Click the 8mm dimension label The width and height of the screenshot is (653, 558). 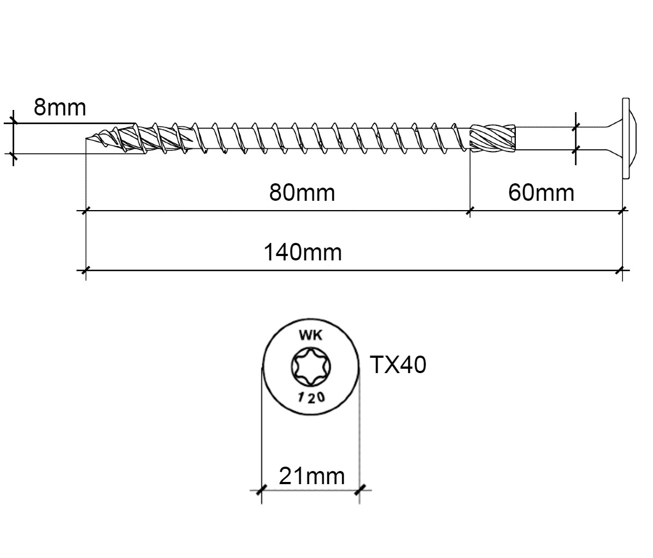point(60,107)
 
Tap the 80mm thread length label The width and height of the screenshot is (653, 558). point(302,193)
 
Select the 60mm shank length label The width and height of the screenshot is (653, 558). point(541,193)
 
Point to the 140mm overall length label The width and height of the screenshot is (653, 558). point(303,252)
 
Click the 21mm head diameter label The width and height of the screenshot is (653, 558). point(311,476)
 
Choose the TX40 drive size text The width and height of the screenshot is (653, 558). point(398,365)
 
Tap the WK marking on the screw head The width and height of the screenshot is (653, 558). point(311,335)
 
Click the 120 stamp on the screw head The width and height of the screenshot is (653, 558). point(311,397)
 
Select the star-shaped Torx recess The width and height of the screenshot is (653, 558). point(311,367)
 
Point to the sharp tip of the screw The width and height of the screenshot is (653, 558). point(86,138)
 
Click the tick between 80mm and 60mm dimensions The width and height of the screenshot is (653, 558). point(470,211)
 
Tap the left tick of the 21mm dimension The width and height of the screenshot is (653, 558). point(261,490)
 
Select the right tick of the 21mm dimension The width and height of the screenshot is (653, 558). point(360,490)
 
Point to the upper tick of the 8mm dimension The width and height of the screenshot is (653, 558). point(13,123)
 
